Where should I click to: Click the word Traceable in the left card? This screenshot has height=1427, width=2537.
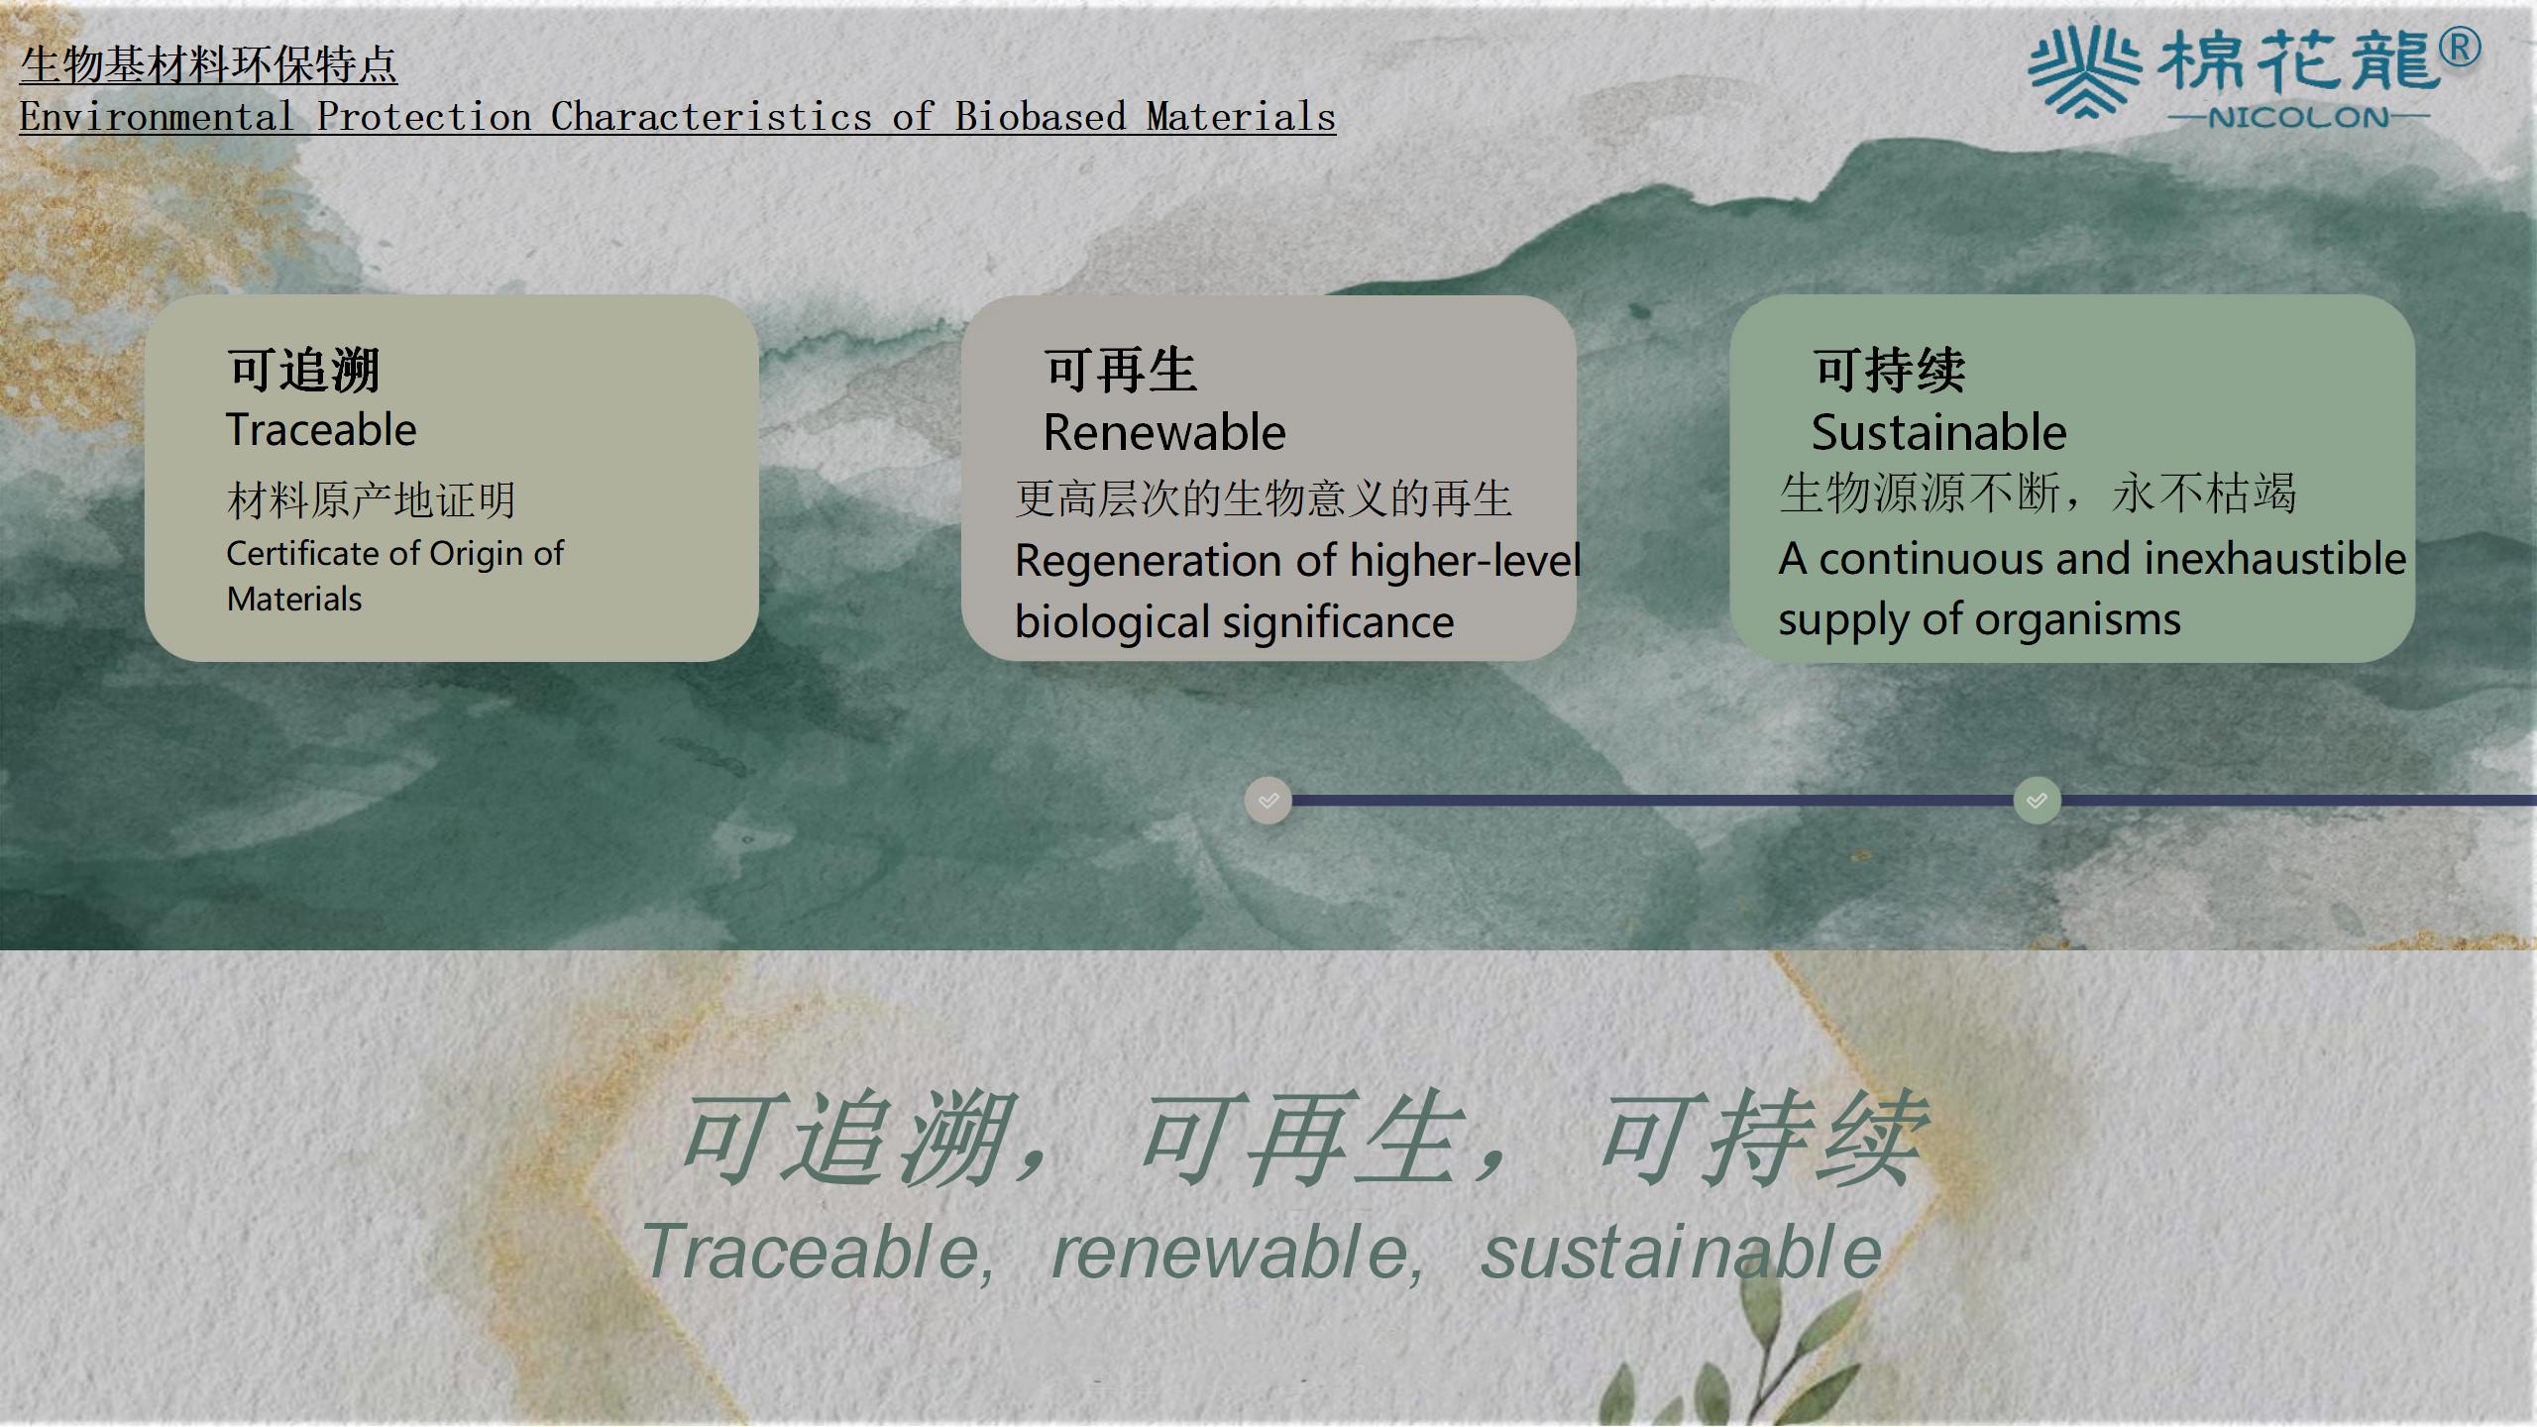[x=321, y=430]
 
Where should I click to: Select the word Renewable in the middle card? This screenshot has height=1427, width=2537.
[x=1164, y=433]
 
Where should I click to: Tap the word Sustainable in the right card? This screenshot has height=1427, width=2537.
[x=1939, y=433]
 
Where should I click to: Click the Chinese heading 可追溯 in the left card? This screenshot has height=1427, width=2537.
[x=304, y=371]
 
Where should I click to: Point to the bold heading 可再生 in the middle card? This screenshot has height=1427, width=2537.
[x=1121, y=371]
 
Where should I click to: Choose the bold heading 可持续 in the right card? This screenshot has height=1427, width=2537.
[x=1890, y=371]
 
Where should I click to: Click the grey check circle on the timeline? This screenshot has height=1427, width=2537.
[x=1268, y=801]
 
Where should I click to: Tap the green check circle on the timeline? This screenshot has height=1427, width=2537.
[x=2038, y=801]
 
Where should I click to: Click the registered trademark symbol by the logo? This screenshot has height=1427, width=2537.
[x=2460, y=48]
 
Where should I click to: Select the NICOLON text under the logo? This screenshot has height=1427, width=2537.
[x=2298, y=118]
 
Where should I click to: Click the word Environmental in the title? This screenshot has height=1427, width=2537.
[x=157, y=117]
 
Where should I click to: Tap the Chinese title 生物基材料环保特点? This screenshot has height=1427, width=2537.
[x=208, y=65]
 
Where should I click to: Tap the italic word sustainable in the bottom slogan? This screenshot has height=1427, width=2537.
[x=1681, y=1253]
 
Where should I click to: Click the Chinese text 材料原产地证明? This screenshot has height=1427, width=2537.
[x=372, y=499]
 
